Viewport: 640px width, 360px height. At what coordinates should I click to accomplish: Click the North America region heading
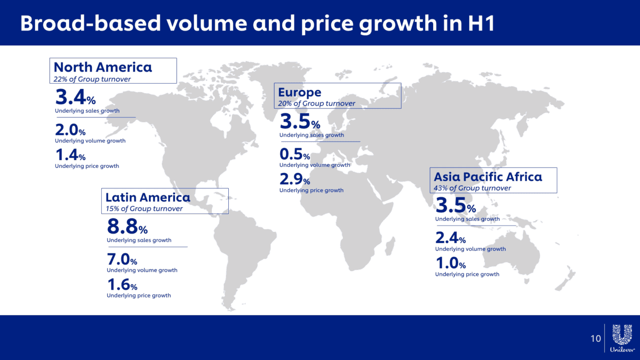pos(103,67)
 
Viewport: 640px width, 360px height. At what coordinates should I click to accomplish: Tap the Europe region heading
pos(300,93)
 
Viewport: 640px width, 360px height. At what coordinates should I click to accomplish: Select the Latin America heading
pos(148,197)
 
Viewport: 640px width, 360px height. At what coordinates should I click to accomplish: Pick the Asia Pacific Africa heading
pos(488,177)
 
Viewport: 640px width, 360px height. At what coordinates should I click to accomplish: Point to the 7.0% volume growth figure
pos(122,260)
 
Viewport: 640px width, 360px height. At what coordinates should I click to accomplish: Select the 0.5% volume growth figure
pos(294,155)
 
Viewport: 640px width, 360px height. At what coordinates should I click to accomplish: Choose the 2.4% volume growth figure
pos(451,238)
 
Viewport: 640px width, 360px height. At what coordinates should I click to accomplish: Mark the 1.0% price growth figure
pos(451,263)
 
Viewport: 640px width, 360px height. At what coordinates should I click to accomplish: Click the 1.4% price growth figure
pos(70,155)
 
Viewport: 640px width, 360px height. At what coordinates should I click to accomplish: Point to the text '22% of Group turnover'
pos(92,79)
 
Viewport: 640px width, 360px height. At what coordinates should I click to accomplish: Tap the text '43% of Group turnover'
pos(473,188)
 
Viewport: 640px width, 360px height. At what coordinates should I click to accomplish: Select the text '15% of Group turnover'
pos(144,209)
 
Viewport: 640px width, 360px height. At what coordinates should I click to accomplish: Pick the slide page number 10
pos(595,339)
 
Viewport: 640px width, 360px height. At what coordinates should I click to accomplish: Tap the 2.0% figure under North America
pos(70,130)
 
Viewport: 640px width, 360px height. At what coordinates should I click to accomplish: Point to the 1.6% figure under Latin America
pos(122,285)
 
